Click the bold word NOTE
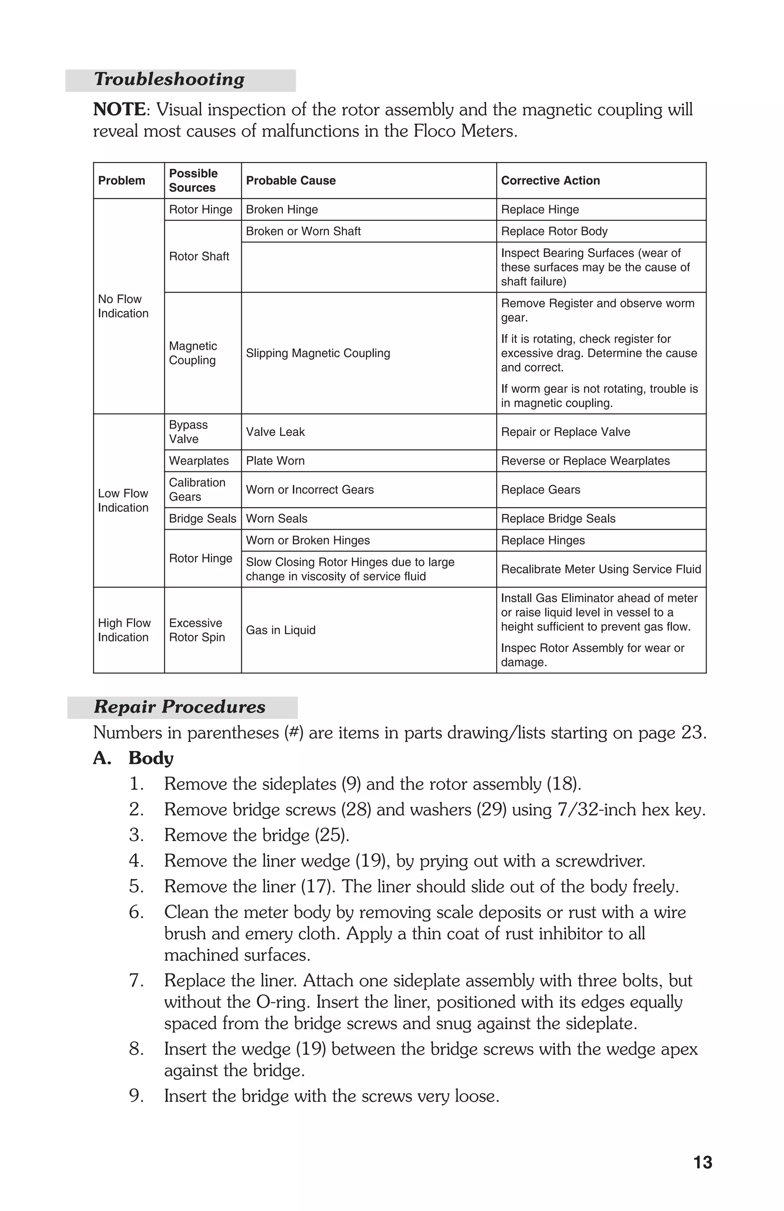119,109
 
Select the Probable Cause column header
291,181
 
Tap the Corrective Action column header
550,181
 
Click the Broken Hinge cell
281,210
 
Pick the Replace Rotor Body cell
554,232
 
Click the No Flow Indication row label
122,306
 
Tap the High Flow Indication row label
124,630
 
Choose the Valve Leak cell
275,432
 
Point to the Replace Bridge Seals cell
558,519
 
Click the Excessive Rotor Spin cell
196,630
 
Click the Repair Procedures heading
179,707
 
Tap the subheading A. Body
133,758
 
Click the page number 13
702,1163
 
